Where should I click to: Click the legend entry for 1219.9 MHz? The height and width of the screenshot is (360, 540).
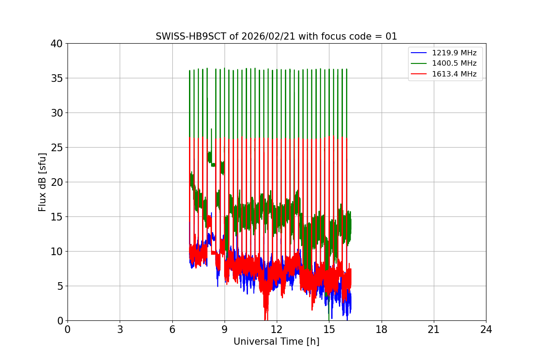pos(454,53)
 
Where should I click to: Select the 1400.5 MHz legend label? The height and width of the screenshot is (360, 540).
pos(454,63)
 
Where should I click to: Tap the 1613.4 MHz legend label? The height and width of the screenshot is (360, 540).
pos(454,74)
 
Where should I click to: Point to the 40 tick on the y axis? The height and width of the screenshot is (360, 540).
pos(57,44)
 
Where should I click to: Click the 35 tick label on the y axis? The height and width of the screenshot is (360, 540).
pos(57,78)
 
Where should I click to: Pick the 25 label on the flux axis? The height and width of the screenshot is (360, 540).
pos(57,148)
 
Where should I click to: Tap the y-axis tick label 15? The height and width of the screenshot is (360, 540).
pos(57,217)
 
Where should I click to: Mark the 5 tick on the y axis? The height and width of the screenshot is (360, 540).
pos(60,286)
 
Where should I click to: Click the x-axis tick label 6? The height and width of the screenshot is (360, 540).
pos(172,329)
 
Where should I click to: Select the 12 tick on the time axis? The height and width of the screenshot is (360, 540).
pos(277,329)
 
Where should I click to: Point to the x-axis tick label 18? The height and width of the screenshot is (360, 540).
pos(382,329)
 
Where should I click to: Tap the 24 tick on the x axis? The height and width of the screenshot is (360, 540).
pos(486,329)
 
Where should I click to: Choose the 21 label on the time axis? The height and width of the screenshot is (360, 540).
pos(434,329)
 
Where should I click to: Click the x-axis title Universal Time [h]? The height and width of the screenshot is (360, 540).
pos(276,342)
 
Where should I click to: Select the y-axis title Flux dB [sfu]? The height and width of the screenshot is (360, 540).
pos(42,182)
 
